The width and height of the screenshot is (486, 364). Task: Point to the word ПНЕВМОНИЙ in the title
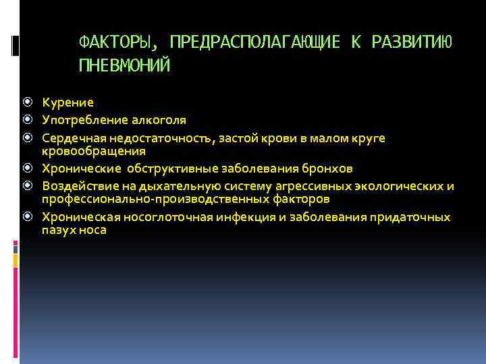click(125, 65)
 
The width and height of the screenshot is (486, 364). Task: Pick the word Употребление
click(83, 120)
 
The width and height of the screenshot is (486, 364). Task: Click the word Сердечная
click(71, 138)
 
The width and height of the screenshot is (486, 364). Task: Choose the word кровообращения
click(94, 151)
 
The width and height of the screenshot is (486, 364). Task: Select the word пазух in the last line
click(57, 231)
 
